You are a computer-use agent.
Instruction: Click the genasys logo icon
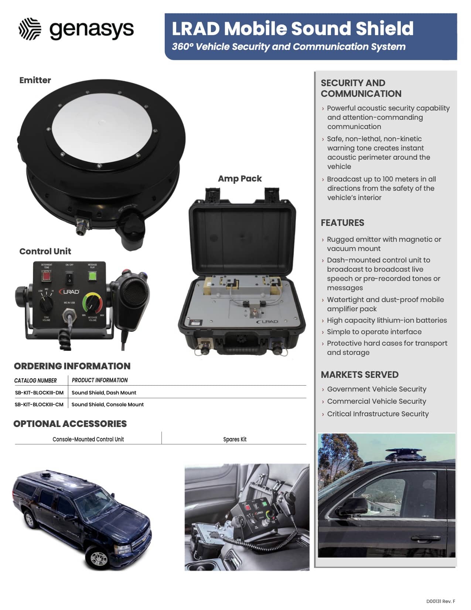pos(30,29)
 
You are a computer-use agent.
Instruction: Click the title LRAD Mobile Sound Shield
pos(293,28)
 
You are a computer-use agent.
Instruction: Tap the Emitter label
pos(35,80)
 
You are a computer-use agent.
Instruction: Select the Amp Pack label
pos(240,179)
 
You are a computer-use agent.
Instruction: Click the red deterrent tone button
pos(47,276)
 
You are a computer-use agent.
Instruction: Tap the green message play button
pos(92,276)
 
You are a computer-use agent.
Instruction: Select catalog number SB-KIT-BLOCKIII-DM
pos(39,393)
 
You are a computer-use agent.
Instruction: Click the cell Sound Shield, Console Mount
pos(107,404)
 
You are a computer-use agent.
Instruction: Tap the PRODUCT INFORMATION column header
pos(100,380)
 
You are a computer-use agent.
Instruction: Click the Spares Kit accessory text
pos(235,439)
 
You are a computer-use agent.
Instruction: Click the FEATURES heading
pos(342,223)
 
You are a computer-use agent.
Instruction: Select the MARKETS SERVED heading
pos(359,375)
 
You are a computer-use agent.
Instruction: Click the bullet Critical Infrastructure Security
pos(378,414)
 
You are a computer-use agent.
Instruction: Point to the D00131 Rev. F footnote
pos(441,601)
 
